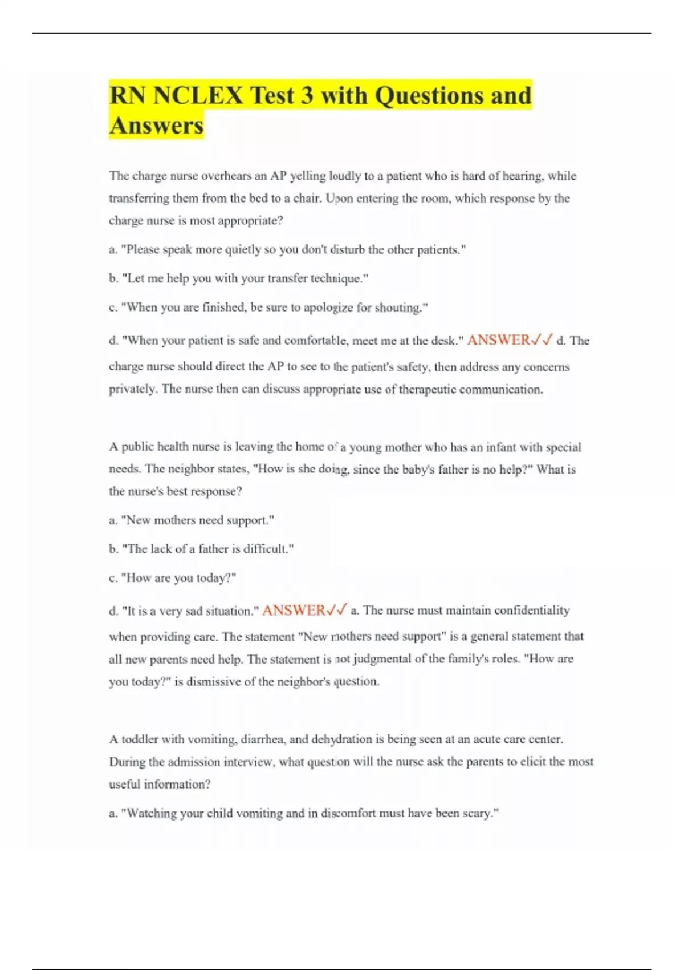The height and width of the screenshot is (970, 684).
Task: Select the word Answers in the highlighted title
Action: (x=156, y=126)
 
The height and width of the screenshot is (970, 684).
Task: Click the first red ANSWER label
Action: (x=498, y=341)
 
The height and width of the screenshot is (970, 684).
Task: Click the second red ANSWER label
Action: (x=293, y=611)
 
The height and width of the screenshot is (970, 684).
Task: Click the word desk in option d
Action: (x=442, y=341)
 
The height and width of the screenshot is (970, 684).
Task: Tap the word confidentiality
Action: (x=531, y=611)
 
